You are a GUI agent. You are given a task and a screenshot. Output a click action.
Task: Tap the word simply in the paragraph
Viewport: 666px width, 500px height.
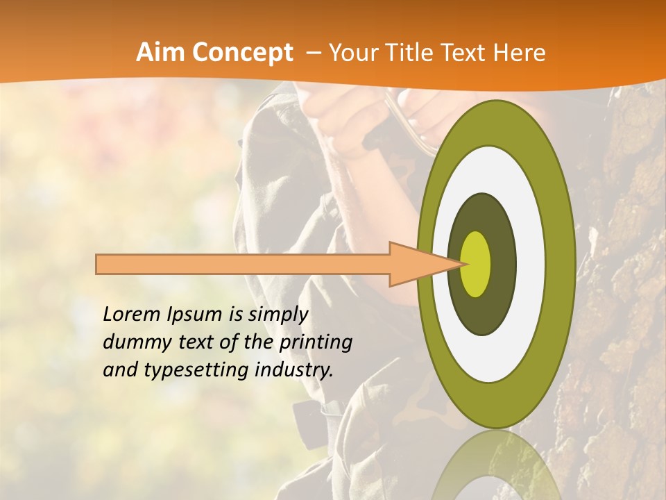click(x=277, y=315)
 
